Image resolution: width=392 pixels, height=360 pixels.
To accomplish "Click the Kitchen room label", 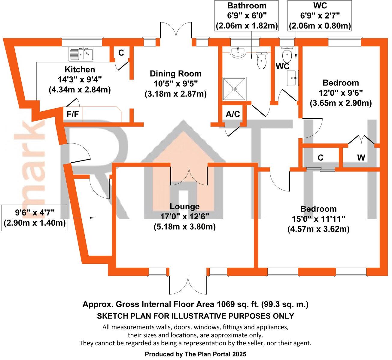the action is pos(80,70).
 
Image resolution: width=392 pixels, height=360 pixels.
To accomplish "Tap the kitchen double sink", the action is pos(81,53).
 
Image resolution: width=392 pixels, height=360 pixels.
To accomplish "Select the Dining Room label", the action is pos(175,73).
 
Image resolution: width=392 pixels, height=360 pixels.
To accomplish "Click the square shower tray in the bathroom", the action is pos(234,89).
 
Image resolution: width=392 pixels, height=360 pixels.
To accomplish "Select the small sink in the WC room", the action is pos(293,78).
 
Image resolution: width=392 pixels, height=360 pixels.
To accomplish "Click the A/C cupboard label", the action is pos(233,114).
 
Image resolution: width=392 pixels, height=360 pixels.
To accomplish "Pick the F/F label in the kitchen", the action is pos(72,115).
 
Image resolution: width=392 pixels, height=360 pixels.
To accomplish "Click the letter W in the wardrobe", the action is pos(361,157).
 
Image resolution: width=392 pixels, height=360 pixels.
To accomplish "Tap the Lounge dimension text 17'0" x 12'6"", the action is pos(184,216).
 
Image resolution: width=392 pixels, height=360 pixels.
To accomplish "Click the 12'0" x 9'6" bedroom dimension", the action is pos(341,93).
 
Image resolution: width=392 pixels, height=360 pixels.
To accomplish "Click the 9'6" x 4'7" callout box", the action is pos(35,218).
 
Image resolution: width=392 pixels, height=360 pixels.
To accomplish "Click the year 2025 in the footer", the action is pos(239,354).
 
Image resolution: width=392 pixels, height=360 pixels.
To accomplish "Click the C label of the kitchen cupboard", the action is pos(121,53).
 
